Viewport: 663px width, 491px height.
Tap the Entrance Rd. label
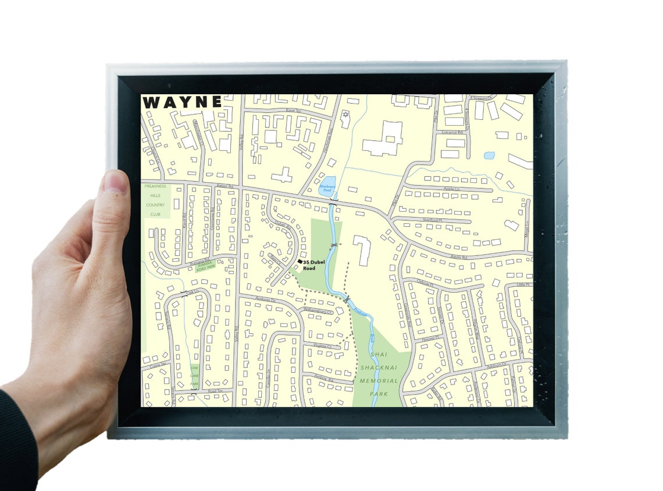[x=451, y=133]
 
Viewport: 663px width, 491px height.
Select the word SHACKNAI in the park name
[x=379, y=368]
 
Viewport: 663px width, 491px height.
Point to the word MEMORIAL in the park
[x=379, y=381]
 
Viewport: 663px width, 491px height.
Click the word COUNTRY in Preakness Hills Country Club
[x=155, y=205]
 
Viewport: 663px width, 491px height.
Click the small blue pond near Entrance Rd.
[x=489, y=155]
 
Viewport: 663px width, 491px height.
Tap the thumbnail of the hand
[x=116, y=182]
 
